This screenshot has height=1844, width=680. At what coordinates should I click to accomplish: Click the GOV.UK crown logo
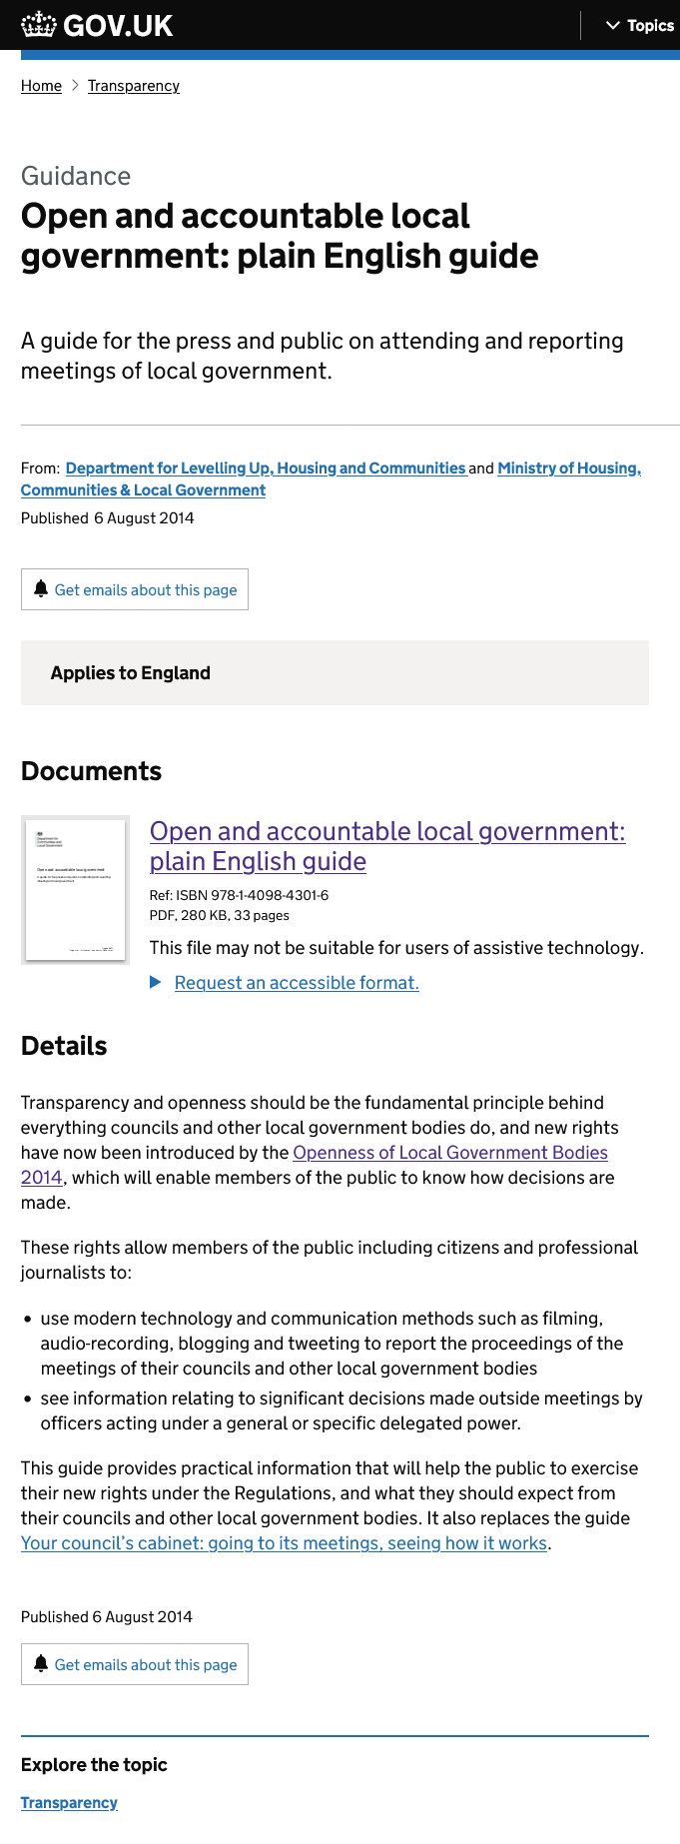coord(40,25)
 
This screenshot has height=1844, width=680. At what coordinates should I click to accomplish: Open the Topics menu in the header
coord(640,26)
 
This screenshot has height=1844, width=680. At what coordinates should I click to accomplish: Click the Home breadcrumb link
coord(41,86)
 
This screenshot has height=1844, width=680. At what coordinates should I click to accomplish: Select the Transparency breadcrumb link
coord(134,86)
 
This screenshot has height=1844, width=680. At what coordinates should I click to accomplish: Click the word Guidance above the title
coord(76,176)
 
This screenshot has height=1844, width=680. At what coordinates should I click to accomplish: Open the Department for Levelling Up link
coord(266,467)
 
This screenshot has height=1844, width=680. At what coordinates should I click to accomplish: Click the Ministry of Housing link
coord(569,467)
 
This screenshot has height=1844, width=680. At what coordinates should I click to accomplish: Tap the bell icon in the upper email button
coord(41,589)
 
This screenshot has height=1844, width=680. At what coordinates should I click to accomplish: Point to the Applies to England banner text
coord(131,673)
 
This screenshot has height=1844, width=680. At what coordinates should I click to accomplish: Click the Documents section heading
coord(91,771)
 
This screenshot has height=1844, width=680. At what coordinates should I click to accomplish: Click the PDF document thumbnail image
coord(76,890)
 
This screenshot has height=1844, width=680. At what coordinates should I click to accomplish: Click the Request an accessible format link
coord(297,983)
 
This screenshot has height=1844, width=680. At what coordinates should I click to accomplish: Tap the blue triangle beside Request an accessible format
coord(156,983)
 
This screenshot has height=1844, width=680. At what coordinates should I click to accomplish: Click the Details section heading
coord(64,1046)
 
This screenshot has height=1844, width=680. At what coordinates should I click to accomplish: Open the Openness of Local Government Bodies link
coord(450,1153)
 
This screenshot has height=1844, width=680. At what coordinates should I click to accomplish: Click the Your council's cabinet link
coord(285,1543)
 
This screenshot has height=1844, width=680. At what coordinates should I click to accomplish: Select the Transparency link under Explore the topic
coord(69,1803)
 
